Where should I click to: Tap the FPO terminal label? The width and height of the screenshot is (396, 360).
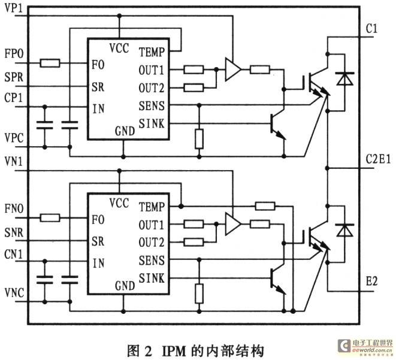click(14, 54)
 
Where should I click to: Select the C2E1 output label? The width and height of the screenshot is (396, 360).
click(378, 159)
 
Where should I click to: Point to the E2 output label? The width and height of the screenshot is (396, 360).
click(372, 281)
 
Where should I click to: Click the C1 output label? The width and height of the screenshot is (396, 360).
click(371, 29)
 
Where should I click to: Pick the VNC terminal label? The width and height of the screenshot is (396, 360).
click(14, 293)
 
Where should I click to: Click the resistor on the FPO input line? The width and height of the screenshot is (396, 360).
click(50, 63)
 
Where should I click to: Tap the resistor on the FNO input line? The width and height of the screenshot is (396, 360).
click(50, 217)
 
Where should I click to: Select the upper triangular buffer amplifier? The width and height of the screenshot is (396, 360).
click(232, 69)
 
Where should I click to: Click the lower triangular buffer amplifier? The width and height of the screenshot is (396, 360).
click(232, 224)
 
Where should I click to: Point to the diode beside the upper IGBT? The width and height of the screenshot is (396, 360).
click(344, 78)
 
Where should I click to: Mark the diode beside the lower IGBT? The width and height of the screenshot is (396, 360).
click(344, 230)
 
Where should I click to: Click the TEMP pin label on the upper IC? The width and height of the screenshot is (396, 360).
click(152, 52)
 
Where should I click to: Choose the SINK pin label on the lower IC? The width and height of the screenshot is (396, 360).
click(152, 278)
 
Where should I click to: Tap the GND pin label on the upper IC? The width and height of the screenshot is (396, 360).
click(125, 131)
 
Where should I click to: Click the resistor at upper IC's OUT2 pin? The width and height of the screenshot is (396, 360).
click(194, 88)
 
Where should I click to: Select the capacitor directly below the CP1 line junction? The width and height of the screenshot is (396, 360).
click(45, 125)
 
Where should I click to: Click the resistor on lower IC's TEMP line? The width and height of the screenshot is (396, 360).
click(265, 206)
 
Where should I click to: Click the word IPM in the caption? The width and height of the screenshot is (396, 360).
click(174, 351)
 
